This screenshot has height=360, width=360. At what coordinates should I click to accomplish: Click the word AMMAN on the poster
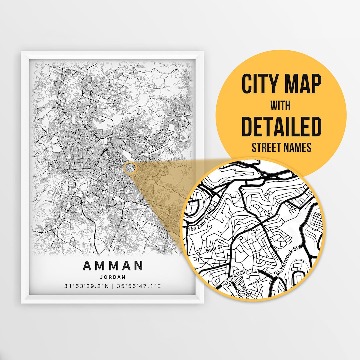(113, 266)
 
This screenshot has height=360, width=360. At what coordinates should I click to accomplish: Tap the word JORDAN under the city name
(113, 277)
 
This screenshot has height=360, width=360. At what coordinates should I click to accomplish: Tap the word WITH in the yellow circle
(281, 106)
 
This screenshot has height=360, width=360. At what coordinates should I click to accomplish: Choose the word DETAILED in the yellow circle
(281, 127)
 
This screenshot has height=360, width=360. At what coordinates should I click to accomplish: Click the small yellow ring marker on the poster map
(130, 168)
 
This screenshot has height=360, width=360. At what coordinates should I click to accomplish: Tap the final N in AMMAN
(138, 266)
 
